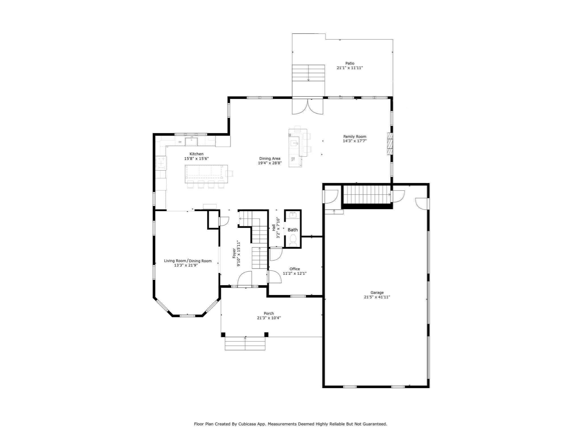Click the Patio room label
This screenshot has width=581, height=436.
[350, 63]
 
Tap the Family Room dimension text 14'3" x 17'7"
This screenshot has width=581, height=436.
[355, 141]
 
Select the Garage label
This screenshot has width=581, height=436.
[377, 292]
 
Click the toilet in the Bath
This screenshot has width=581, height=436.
[292, 241]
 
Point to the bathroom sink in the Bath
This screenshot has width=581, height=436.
[293, 215]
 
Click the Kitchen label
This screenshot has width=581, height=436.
[196, 154]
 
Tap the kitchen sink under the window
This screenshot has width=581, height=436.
[191, 141]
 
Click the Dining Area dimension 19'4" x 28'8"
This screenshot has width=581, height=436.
[270, 163]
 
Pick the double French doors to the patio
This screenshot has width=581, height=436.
[308, 107]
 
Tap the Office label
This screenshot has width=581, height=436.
[294, 269]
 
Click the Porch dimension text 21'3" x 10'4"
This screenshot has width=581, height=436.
[269, 318]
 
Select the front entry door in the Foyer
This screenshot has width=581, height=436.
[244, 279]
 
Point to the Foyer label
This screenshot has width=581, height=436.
[234, 253]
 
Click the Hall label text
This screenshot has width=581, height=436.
[274, 227]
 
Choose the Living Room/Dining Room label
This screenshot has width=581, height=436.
[188, 261]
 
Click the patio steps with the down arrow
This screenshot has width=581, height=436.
[308, 73]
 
